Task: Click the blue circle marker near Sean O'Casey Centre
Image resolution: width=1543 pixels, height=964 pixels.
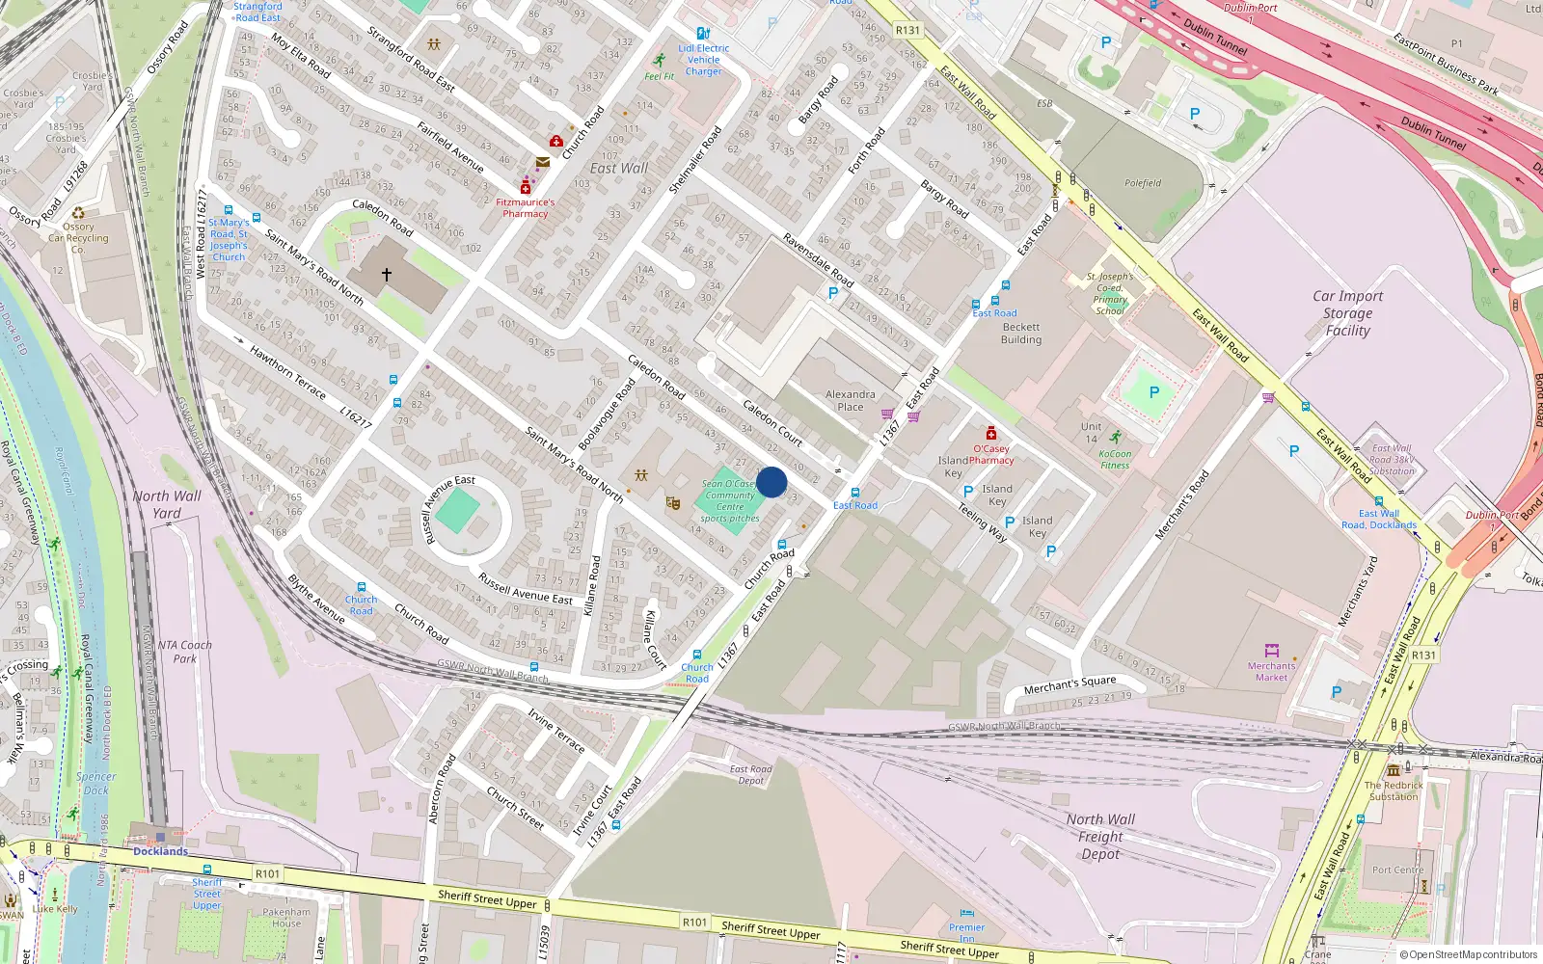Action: (771, 482)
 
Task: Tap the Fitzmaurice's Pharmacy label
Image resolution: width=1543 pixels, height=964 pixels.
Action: (526, 207)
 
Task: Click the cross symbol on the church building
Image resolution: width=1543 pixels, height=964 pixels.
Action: (387, 275)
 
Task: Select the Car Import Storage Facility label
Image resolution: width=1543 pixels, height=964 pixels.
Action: (1347, 313)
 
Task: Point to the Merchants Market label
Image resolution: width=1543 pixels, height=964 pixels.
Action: (1271, 671)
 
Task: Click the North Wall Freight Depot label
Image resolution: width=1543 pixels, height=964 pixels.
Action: (1100, 836)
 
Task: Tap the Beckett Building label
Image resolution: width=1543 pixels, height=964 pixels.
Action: (1020, 333)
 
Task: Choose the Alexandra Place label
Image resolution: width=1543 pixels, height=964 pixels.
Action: (851, 400)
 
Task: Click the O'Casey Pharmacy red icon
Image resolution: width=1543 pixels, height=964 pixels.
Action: (990, 434)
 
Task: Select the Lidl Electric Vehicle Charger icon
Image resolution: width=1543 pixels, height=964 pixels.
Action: (703, 34)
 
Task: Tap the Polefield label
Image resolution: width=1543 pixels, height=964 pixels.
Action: (1143, 183)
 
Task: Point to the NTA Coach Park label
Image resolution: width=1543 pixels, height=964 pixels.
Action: (184, 652)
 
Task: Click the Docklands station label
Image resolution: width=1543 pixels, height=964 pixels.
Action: (160, 851)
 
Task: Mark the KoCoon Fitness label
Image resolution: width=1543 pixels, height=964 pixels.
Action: (1115, 459)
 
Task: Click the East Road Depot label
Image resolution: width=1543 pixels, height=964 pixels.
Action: (750, 774)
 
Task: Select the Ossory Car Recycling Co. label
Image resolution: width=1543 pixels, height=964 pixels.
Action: (78, 238)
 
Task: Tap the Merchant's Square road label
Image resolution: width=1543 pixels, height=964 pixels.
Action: (1069, 684)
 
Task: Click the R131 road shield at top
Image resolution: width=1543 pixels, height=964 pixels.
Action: (907, 30)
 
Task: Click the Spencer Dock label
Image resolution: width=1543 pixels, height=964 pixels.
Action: (95, 783)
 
